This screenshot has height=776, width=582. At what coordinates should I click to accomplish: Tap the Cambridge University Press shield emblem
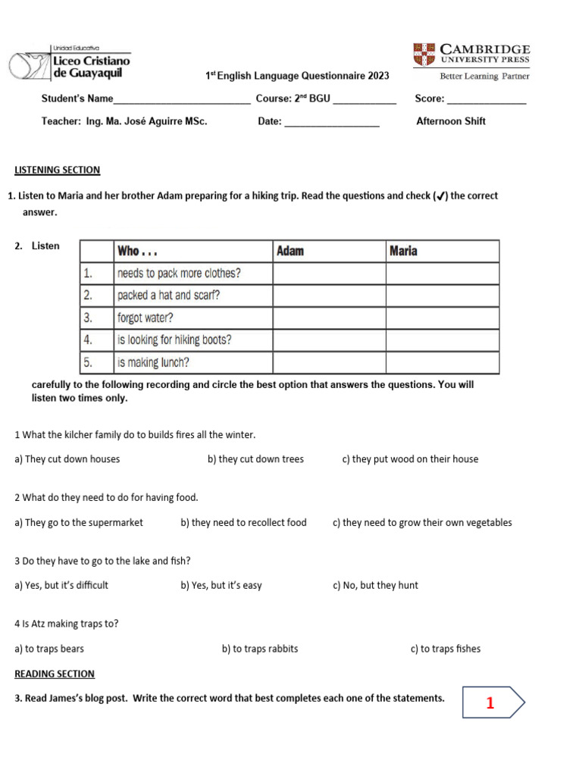click(424, 55)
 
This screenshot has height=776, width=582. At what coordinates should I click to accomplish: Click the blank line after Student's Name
click(182, 100)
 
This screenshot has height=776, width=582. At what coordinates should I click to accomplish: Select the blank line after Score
click(487, 100)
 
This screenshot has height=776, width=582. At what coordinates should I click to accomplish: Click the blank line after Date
click(332, 123)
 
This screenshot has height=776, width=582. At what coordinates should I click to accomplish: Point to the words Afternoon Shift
click(451, 121)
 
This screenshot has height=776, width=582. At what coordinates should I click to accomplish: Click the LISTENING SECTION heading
click(58, 170)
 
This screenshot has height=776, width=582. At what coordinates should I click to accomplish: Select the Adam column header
click(329, 251)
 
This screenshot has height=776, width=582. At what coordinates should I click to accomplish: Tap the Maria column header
click(443, 251)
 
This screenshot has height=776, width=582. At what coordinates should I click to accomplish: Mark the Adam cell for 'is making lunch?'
click(329, 363)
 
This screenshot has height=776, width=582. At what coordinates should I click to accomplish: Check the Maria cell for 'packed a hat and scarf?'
click(443, 296)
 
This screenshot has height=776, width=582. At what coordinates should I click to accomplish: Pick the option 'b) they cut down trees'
click(255, 459)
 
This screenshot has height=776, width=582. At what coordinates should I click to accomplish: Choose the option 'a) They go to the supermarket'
click(79, 523)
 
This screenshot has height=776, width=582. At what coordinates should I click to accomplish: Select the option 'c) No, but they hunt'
click(375, 586)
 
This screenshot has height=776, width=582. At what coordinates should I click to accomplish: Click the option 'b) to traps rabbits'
click(260, 649)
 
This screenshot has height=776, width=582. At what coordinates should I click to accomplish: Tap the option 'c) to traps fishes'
click(446, 649)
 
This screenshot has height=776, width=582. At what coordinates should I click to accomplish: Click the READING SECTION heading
click(55, 674)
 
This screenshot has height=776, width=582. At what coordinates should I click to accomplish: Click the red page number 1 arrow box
click(493, 703)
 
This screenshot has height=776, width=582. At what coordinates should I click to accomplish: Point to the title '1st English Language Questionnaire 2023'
click(298, 76)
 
